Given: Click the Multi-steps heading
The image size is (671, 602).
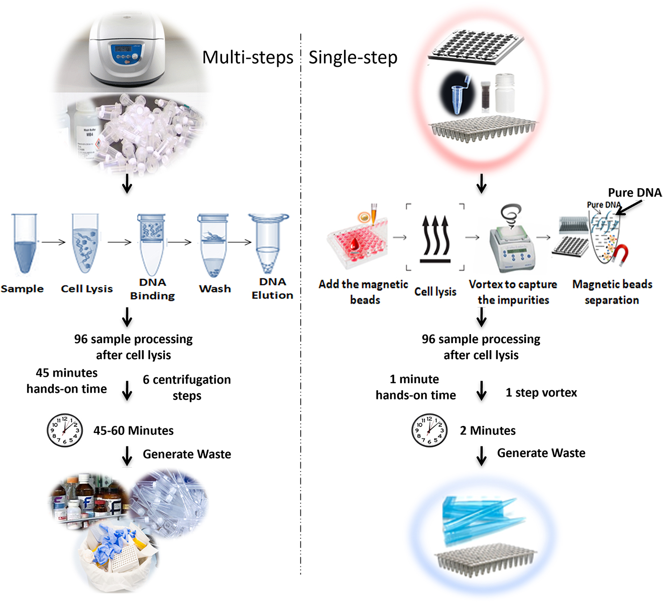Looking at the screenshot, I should pos(248,58).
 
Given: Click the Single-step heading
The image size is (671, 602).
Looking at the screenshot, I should pos(353,58).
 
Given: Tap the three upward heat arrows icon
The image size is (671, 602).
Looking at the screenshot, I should pos(435,238).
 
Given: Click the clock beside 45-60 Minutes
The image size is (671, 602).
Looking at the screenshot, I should pos(65,430).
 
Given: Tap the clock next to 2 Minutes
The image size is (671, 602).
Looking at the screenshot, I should pos(429,430).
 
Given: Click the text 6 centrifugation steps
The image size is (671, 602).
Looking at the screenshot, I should pos(186,387).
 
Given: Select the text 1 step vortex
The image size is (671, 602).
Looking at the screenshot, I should pos(541,392).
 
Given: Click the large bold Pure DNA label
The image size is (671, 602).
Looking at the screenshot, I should pos(634,193).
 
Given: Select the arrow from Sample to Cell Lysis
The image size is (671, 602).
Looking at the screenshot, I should pos(54,242).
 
